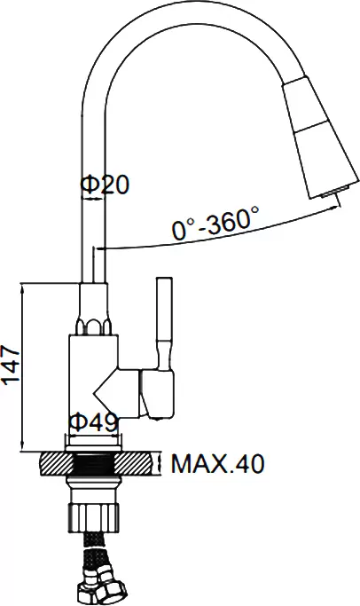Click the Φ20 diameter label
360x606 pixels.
tap(104, 185)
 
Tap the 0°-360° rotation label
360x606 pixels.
tap(215, 224)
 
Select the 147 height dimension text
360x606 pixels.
tap(11, 366)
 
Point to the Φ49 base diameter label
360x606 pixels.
tap(93, 422)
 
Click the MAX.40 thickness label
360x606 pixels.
tap(218, 463)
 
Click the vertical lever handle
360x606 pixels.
tap(164, 322)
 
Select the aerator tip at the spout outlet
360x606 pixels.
tap(334, 192)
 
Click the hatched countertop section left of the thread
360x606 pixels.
tap(57, 464)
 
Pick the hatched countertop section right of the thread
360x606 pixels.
tap(137, 464)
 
